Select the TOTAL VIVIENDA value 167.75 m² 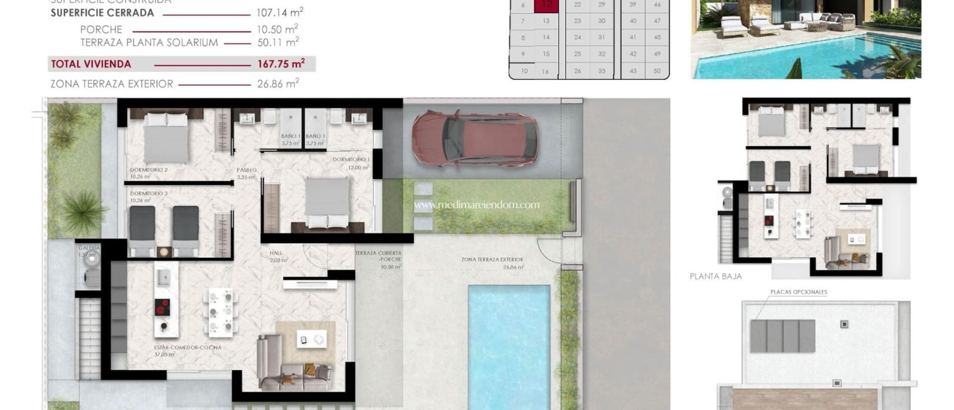(281, 64)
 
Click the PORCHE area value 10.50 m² (277, 29)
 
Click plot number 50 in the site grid (657, 71)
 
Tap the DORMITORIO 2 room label (148, 170)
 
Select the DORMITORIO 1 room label (351, 159)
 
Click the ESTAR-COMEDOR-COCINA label (187, 347)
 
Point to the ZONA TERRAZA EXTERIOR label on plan (492, 260)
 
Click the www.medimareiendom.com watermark (476, 205)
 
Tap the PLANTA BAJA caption (715, 276)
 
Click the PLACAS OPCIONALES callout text (798, 292)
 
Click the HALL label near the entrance (275, 253)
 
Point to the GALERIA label (89, 248)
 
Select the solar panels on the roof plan (782, 335)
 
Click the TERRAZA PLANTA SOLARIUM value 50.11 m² (277, 42)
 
